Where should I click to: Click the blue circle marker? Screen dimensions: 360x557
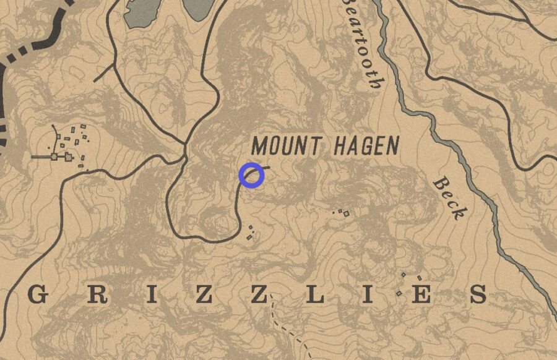pos(251,175)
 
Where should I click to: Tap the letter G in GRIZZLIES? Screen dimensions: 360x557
pos(38,295)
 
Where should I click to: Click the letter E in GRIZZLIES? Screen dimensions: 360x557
pos(421,295)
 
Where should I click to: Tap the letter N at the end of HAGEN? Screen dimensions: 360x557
pos(391,146)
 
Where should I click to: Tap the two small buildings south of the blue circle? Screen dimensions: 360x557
pos(251,232)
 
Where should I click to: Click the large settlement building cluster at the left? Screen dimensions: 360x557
pos(68,145)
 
